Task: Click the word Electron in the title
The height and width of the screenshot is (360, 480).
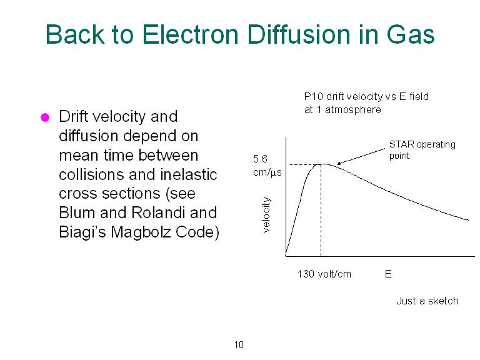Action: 190,34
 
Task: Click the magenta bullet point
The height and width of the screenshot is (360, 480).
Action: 45,117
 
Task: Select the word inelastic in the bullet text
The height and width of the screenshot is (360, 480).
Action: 188,174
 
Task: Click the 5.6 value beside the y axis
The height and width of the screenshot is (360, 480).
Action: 260,159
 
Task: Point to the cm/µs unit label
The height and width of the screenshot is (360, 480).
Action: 267,172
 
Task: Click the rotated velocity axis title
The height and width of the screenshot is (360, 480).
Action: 266,214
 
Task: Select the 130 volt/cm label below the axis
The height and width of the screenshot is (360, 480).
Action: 324,274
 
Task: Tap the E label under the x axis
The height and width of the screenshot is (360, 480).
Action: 388,274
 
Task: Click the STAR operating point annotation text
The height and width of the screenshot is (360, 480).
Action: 422,150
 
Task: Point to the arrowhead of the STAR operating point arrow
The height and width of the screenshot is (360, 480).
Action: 338,164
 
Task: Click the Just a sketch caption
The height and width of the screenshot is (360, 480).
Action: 427,301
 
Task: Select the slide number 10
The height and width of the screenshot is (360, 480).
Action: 239,345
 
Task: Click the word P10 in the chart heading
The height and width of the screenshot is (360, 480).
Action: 314,97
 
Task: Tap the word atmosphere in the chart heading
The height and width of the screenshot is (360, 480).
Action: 353,109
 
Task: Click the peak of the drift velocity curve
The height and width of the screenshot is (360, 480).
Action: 321,164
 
